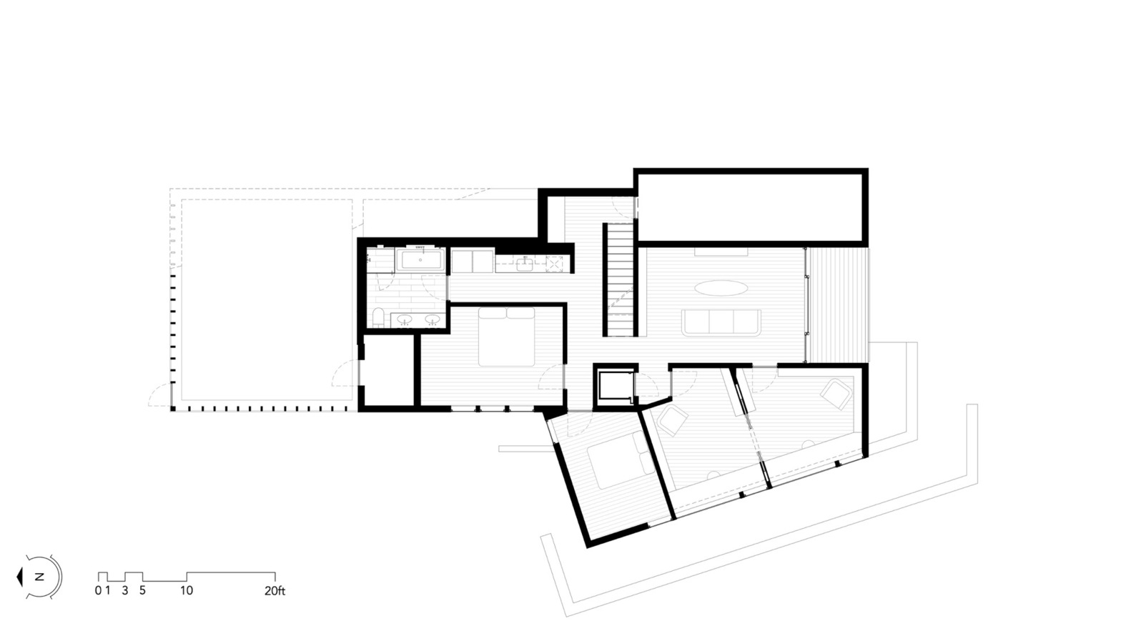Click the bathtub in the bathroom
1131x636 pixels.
tap(420, 260)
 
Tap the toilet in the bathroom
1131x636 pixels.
tap(378, 318)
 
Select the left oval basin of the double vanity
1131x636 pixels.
tap(405, 319)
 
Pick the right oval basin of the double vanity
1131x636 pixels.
tap(433, 319)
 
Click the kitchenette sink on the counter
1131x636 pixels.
tap(525, 264)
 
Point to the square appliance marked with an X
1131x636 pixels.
tap(554, 264)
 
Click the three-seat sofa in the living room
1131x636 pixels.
tap(721, 322)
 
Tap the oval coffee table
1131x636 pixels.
tap(721, 288)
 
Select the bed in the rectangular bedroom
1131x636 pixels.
tap(506, 337)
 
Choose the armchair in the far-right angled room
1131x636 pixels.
tap(836, 394)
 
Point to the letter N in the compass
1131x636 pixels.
tap(39, 577)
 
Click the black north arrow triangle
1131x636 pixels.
tap(20, 577)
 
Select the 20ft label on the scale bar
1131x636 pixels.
tap(275, 590)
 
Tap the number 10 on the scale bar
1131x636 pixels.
tap(187, 590)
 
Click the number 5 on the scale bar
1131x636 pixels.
tap(142, 590)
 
